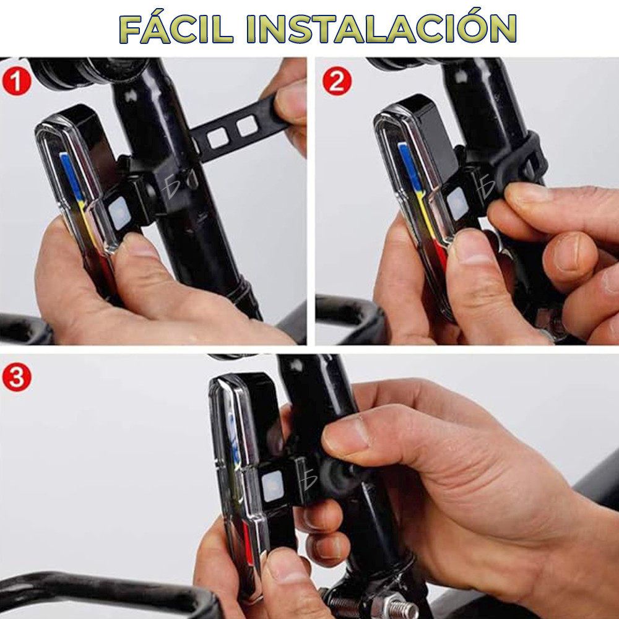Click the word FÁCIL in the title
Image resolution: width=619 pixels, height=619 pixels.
click(176, 29)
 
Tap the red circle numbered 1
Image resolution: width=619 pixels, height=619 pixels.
click(17, 81)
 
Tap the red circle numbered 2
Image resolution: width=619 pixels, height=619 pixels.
click(337, 81)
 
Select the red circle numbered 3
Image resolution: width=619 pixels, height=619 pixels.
click(17, 377)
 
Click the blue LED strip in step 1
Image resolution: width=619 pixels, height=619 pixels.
click(71, 176)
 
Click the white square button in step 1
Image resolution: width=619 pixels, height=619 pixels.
click(119, 213)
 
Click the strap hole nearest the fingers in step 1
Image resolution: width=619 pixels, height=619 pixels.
click(247, 126)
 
